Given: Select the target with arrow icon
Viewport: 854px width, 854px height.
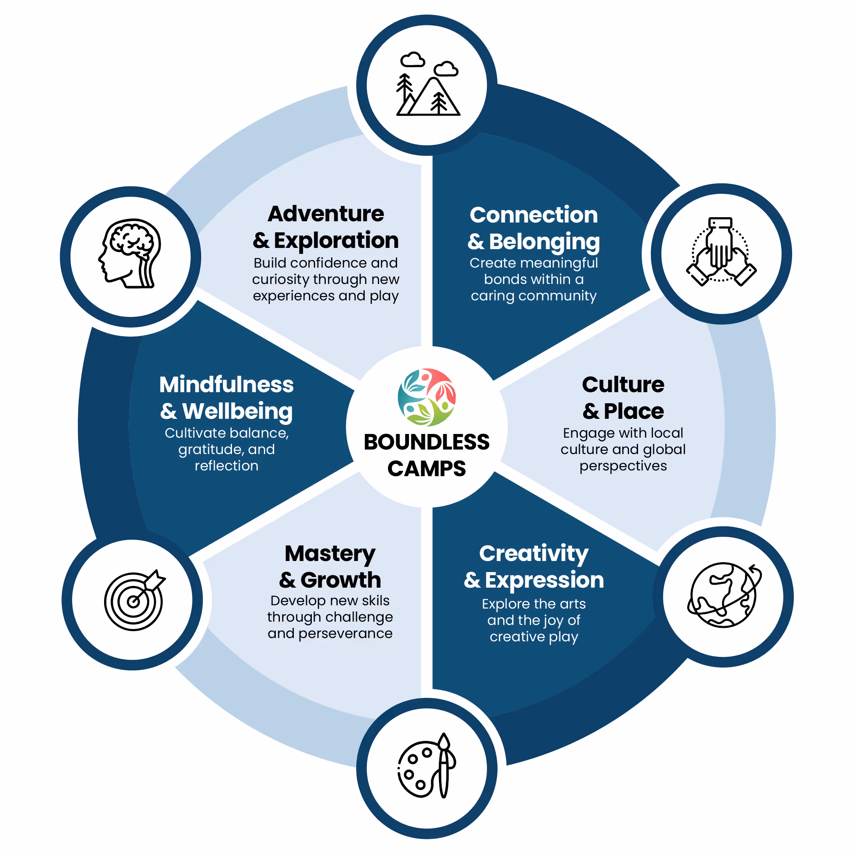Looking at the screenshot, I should click(x=134, y=600).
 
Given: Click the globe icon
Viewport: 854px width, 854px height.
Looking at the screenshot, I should click(x=724, y=595).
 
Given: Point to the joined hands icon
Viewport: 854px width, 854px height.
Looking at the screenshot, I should click(x=721, y=252).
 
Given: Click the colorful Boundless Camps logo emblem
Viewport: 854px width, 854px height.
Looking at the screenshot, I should click(x=427, y=397).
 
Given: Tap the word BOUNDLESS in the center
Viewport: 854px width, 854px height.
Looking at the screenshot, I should click(x=427, y=442).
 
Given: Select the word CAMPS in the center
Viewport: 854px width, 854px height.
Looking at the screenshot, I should click(x=427, y=468).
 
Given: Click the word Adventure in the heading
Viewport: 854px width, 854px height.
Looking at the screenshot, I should click(x=326, y=214).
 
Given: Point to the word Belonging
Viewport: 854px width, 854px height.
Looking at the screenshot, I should click(x=544, y=242).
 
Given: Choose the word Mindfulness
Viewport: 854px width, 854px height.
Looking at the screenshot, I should click(x=226, y=384).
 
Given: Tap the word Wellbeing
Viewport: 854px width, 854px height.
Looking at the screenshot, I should click(x=237, y=411).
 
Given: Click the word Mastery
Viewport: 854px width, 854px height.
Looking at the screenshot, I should click(x=330, y=554).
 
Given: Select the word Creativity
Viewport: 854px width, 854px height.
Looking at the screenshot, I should click(x=534, y=554).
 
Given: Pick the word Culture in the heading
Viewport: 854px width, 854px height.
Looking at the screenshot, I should click(x=623, y=384).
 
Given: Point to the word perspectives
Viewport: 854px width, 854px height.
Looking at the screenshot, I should click(x=623, y=466).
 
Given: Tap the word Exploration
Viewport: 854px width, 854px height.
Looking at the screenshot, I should click(x=336, y=241).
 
